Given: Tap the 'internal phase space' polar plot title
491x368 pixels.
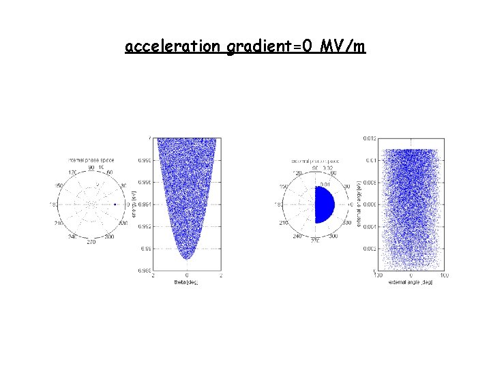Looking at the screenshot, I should pyautogui.click(x=91, y=160).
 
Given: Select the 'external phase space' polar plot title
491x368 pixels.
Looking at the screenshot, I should pyautogui.click(x=314, y=160).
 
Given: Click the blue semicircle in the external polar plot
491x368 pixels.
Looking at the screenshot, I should pyautogui.click(x=325, y=204).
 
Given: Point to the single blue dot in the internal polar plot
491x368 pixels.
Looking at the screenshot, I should pyautogui.click(x=115, y=204).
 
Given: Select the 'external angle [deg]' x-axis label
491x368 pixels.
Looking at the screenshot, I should pyautogui.click(x=410, y=282).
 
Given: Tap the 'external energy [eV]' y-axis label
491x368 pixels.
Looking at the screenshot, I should pyautogui.click(x=359, y=204).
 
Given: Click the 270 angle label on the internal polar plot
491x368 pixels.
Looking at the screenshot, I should pyautogui.click(x=91, y=241).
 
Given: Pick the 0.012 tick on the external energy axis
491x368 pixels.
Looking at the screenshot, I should pyautogui.click(x=368, y=138).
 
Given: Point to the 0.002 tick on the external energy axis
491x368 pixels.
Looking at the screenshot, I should pyautogui.click(x=368, y=249).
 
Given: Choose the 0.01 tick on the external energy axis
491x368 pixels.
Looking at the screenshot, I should pyautogui.click(x=369, y=160).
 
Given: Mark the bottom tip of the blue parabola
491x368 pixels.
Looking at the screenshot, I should pyautogui.click(x=187, y=258).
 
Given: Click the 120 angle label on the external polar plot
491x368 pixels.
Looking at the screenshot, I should pyautogui.click(x=299, y=173).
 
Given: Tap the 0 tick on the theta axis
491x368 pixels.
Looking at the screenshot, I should pyautogui.click(x=187, y=275).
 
